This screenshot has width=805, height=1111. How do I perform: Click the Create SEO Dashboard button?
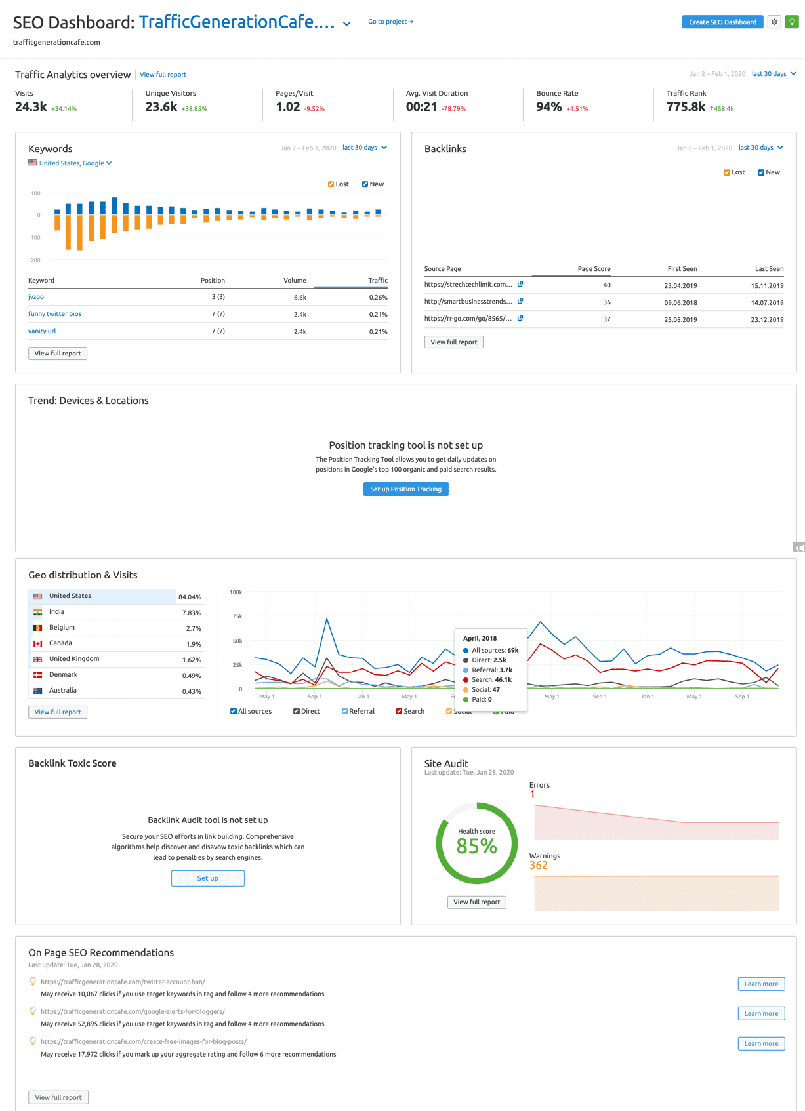(722, 22)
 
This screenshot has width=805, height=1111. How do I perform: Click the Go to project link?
(390, 22)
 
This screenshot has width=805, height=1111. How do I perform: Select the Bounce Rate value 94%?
(548, 107)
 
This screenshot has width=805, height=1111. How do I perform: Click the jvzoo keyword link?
(36, 297)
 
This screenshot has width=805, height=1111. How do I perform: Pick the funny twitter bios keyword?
(54, 314)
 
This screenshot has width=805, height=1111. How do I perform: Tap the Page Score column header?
(593, 269)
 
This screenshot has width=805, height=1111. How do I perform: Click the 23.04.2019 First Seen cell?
(680, 286)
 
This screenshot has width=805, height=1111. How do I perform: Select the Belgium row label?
(62, 628)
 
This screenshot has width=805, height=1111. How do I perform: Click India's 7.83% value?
(192, 613)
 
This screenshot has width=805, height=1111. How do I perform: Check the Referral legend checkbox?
(345, 712)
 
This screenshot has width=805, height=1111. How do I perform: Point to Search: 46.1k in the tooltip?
(491, 680)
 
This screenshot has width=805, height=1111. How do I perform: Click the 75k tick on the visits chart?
(237, 616)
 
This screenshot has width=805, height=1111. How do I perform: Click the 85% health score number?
(476, 847)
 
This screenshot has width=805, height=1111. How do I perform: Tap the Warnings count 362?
(538, 866)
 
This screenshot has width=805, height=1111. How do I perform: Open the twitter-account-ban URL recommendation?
(123, 982)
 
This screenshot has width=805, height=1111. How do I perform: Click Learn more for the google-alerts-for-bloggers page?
(760, 1014)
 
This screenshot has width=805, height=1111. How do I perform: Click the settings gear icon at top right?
(774, 22)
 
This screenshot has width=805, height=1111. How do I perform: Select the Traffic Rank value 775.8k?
(686, 107)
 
